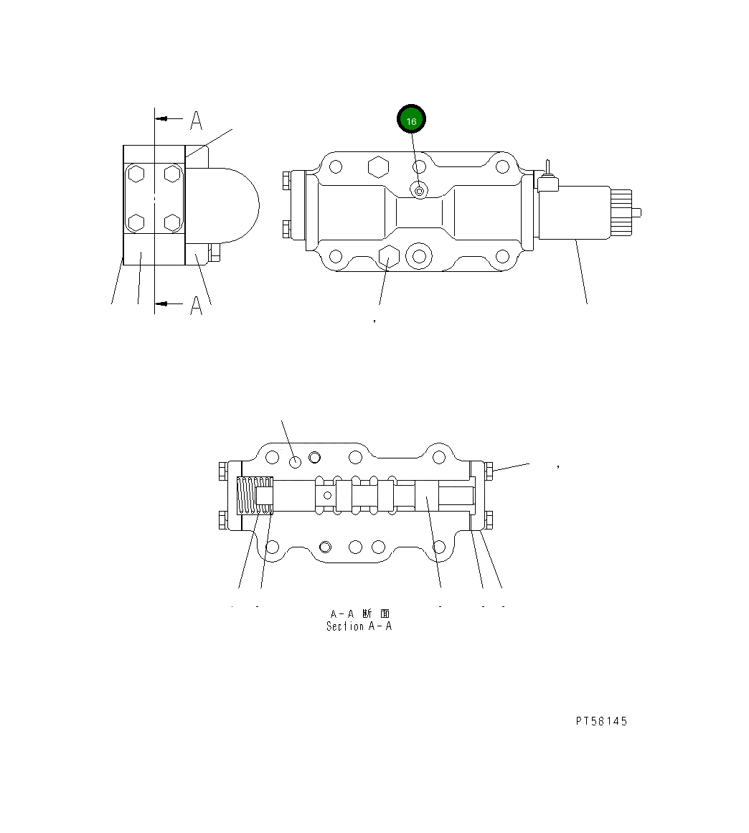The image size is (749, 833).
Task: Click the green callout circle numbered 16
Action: pyautogui.click(x=412, y=121)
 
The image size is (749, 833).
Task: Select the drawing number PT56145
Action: pyautogui.click(x=600, y=721)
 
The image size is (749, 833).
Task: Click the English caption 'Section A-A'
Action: pyautogui.click(x=359, y=626)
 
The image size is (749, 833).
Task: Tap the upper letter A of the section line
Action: pyautogui.click(x=196, y=121)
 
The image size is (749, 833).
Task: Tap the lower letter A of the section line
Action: pyautogui.click(x=196, y=306)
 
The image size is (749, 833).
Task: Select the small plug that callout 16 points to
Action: pyautogui.click(x=419, y=189)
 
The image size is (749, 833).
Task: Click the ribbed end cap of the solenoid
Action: pyautogui.click(x=621, y=212)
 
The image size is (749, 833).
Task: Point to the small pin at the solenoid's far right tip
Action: pyautogui.click(x=641, y=212)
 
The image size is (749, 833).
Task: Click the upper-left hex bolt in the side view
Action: pyautogui.click(x=137, y=174)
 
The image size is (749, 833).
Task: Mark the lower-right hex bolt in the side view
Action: pyautogui.click(x=171, y=222)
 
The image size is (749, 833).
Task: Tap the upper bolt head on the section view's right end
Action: pyautogui.click(x=489, y=471)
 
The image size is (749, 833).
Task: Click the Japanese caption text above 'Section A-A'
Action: pyautogui.click(x=359, y=613)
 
